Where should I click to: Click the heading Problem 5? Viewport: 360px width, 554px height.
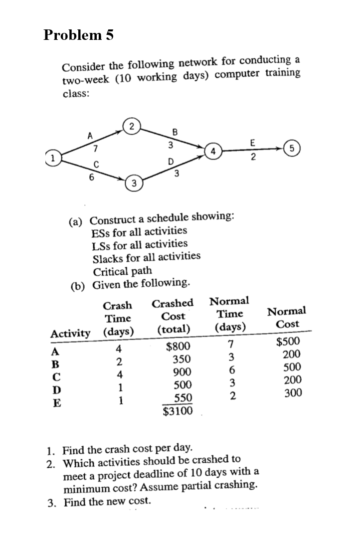[79, 35]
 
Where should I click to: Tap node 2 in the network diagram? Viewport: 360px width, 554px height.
[131, 126]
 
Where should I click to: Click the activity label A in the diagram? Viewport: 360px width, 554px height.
[90, 135]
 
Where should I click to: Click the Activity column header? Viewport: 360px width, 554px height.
[71, 333]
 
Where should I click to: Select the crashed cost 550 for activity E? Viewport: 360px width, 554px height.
[182, 398]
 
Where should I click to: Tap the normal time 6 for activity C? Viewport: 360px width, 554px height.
[229, 371]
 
